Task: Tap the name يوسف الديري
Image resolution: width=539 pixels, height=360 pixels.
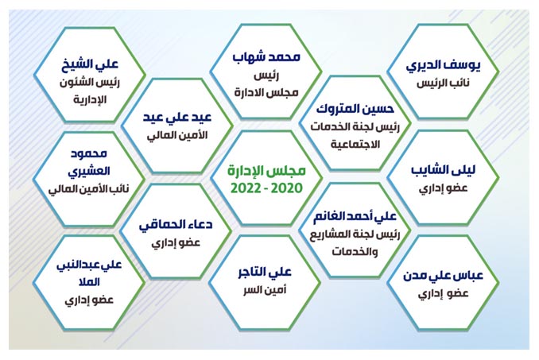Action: (x=443, y=66)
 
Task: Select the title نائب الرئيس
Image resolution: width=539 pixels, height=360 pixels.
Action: (x=443, y=83)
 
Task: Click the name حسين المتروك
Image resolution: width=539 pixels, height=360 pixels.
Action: (x=355, y=109)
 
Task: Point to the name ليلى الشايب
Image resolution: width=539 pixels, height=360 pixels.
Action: (x=444, y=170)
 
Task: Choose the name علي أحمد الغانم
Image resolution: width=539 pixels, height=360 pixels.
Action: (x=355, y=216)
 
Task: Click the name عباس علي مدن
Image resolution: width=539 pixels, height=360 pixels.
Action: (x=443, y=276)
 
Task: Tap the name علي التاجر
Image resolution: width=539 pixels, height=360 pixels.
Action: (x=265, y=273)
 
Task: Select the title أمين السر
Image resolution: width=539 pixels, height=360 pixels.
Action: (x=265, y=290)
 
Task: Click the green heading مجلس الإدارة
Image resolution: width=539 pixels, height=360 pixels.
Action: (x=266, y=171)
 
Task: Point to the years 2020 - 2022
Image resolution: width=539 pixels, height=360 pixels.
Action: (x=266, y=188)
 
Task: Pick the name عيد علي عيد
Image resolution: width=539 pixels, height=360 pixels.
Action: (x=177, y=118)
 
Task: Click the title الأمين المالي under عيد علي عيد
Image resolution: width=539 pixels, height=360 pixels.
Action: (x=177, y=135)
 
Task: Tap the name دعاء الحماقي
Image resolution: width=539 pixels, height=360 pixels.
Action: (x=176, y=226)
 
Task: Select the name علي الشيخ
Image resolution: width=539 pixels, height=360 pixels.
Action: (x=90, y=64)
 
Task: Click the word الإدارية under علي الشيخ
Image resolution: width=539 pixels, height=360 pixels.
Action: (x=90, y=100)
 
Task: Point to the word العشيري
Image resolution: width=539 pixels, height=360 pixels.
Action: (x=89, y=172)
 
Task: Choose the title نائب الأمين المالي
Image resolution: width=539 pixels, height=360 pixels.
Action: (x=89, y=189)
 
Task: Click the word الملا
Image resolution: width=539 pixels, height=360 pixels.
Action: (x=89, y=282)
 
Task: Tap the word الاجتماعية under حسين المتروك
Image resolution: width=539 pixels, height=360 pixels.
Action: (x=355, y=145)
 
